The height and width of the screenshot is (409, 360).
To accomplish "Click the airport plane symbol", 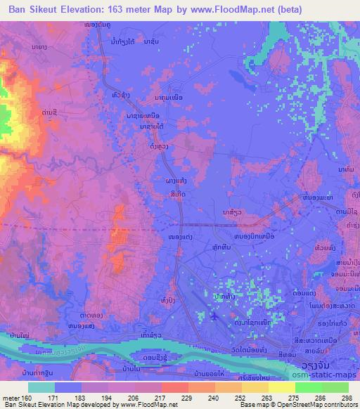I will click(214, 317).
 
